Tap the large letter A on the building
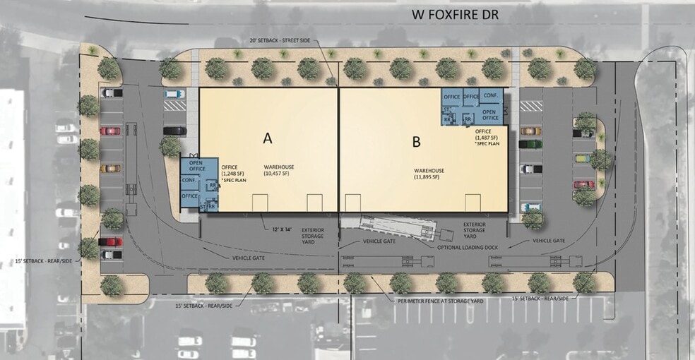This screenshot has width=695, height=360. click(267, 138)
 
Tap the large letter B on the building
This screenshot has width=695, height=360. click(416, 142)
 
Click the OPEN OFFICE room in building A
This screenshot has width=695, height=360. click(196, 165)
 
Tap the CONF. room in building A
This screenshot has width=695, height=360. click(189, 180)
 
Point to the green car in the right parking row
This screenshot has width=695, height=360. click(530, 143)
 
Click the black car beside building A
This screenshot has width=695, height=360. click(174, 131)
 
